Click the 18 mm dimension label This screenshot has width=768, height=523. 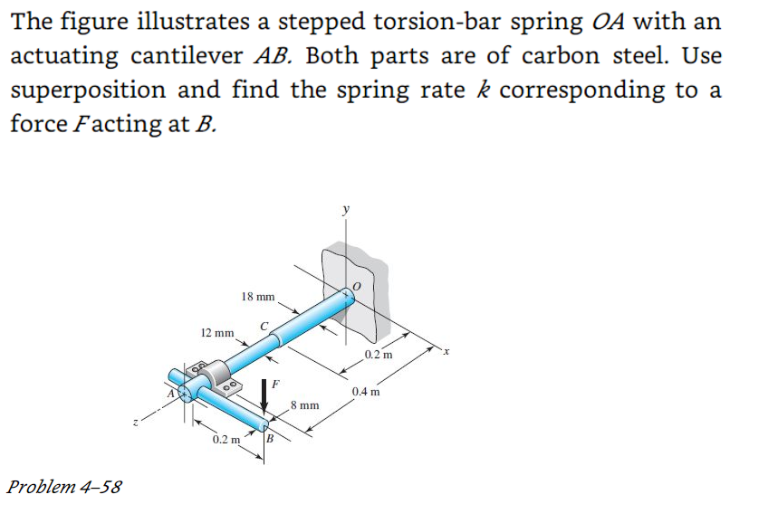258,297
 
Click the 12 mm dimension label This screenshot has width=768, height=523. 216,332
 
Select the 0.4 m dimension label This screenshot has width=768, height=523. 368,392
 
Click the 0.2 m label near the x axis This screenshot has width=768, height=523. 379,355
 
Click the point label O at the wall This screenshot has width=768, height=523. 357,286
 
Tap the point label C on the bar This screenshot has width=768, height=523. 264,326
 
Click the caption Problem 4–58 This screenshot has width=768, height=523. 63,487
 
